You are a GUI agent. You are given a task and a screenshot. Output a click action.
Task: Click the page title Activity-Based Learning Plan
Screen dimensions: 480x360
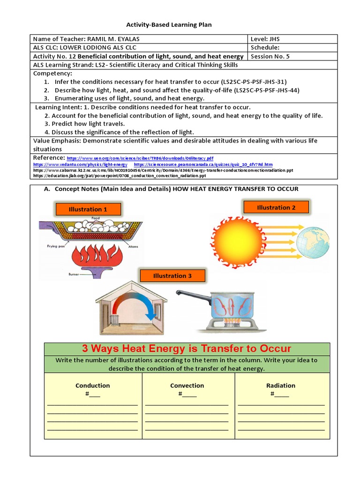pyautogui.click(x=169, y=25)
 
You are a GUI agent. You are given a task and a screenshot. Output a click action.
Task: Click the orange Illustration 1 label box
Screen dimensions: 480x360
pyautogui.click(x=88, y=209)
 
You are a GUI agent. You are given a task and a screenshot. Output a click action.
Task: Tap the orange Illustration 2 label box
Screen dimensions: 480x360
pyautogui.click(x=276, y=207)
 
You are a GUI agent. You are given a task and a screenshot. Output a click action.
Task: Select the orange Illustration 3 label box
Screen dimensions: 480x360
pyautogui.click(x=172, y=276)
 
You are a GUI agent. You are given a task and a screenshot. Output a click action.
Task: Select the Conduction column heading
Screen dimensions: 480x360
pyautogui.click(x=93, y=385)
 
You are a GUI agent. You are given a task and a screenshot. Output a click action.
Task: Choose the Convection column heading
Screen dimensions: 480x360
pyautogui.click(x=187, y=385)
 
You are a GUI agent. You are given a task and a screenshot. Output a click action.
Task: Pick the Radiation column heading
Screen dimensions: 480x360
pyautogui.click(x=281, y=385)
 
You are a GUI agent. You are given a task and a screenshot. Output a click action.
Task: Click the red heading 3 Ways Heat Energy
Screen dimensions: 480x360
pyautogui.click(x=187, y=349)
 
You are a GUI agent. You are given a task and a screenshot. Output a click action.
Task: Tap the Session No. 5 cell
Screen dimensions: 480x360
pyautogui.click(x=270, y=56)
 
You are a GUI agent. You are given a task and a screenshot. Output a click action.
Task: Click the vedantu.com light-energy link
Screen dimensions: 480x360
pyautogui.click(x=80, y=165)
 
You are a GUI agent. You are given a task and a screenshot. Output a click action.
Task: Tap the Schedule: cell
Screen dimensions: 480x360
pyautogui.click(x=265, y=47)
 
